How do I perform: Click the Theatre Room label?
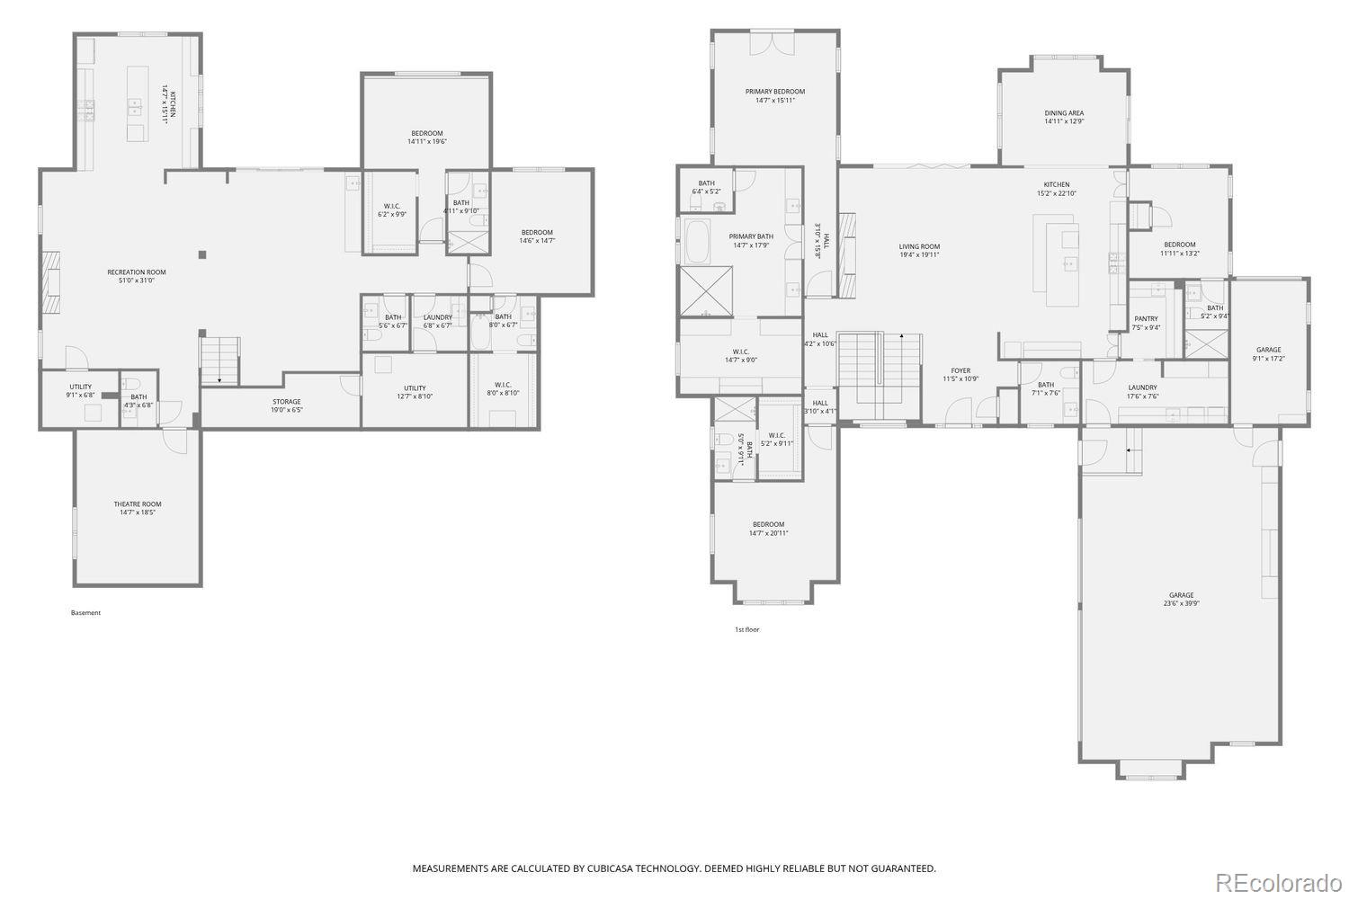click(138, 508)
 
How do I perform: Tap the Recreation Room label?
click(137, 276)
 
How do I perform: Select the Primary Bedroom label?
click(774, 95)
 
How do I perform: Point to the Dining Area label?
click(1064, 117)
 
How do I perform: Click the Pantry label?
click(1146, 323)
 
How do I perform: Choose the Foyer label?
click(960, 374)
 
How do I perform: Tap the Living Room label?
click(919, 250)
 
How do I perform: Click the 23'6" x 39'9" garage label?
click(1181, 599)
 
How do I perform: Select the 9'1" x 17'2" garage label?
click(1268, 354)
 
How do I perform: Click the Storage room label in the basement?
click(287, 405)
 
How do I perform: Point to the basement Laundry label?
click(438, 321)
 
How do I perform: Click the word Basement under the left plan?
click(85, 613)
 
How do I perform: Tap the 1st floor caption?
click(746, 629)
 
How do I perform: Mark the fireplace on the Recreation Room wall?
click(53, 280)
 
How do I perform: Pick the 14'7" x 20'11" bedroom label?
click(768, 529)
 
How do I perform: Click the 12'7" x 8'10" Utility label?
click(414, 392)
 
